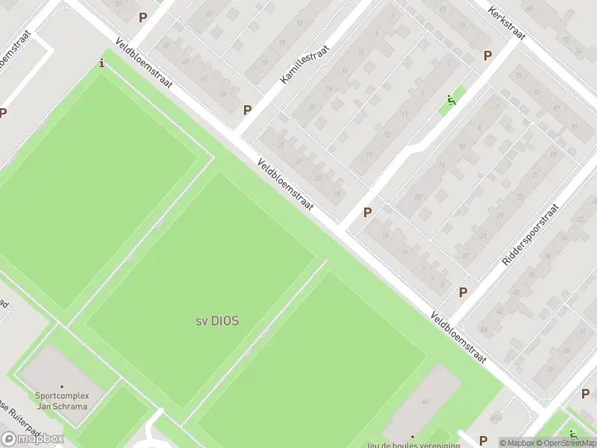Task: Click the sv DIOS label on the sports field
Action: point(217,321)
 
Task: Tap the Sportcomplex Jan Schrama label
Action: point(61,401)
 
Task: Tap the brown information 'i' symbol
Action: point(102,63)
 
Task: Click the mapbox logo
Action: point(32,438)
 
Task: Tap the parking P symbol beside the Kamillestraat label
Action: point(247,110)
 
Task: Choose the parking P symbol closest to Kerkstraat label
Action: point(487,55)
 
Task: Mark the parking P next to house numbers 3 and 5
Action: point(463,292)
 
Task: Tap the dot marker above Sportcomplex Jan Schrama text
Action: point(61,386)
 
